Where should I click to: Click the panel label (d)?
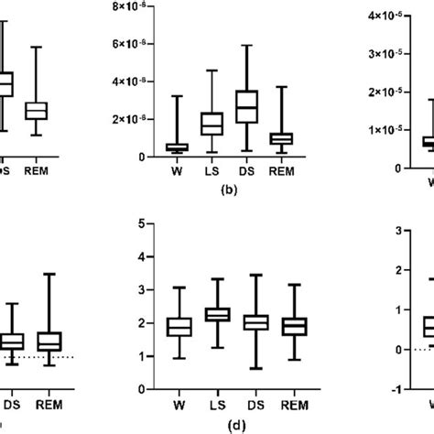217,424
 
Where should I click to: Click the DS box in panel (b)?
247,106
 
